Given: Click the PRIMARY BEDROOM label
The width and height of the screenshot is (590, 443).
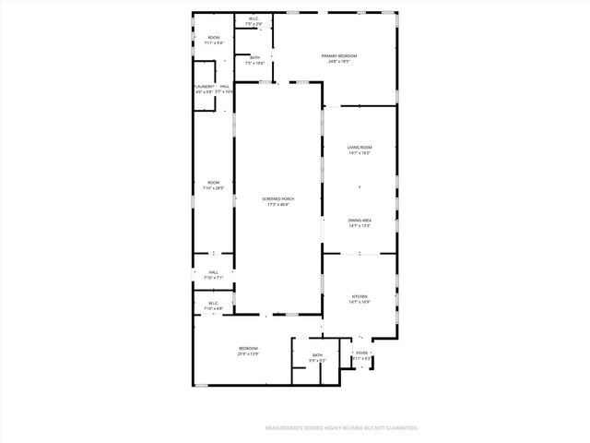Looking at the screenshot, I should click(x=339, y=56).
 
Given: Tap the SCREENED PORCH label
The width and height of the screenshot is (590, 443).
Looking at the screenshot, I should click(x=278, y=198).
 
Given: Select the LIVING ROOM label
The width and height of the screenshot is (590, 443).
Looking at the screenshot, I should click(x=360, y=148).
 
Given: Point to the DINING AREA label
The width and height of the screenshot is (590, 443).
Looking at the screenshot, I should click(x=360, y=220).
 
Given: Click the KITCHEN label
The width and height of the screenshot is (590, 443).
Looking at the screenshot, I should click(x=360, y=295).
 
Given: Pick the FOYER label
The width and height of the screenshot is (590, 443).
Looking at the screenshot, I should click(x=362, y=353).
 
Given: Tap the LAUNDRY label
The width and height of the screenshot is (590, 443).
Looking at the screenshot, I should click(x=204, y=87).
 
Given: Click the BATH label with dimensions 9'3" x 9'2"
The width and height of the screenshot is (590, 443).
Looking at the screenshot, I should click(x=317, y=355).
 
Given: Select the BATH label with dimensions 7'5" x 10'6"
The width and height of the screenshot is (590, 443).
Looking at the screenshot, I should click(x=255, y=58).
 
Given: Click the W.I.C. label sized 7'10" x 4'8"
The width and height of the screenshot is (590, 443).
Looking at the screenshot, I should click(x=213, y=303).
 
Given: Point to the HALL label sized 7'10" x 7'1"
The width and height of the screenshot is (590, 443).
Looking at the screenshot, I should click(x=213, y=272).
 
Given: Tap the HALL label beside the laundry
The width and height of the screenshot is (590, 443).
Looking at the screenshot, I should click(x=225, y=87).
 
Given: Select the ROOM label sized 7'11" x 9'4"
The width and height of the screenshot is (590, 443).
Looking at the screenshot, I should click(x=213, y=38).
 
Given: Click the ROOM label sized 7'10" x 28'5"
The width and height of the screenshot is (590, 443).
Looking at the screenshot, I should click(x=213, y=182).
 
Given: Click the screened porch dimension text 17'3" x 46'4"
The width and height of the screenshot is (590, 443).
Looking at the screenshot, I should click(x=278, y=205).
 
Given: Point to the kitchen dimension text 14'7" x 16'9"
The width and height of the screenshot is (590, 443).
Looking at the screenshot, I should click(x=360, y=302).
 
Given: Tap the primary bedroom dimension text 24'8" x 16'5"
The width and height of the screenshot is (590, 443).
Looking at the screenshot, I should click(x=339, y=63).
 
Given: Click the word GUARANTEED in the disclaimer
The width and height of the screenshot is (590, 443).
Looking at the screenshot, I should click(x=397, y=428).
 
